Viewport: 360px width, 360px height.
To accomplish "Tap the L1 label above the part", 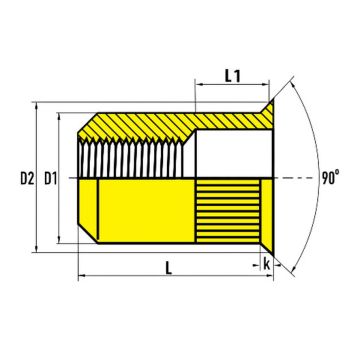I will click(232, 75).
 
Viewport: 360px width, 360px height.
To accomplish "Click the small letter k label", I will click(267, 263).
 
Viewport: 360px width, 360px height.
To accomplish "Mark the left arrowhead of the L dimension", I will click(81, 276).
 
